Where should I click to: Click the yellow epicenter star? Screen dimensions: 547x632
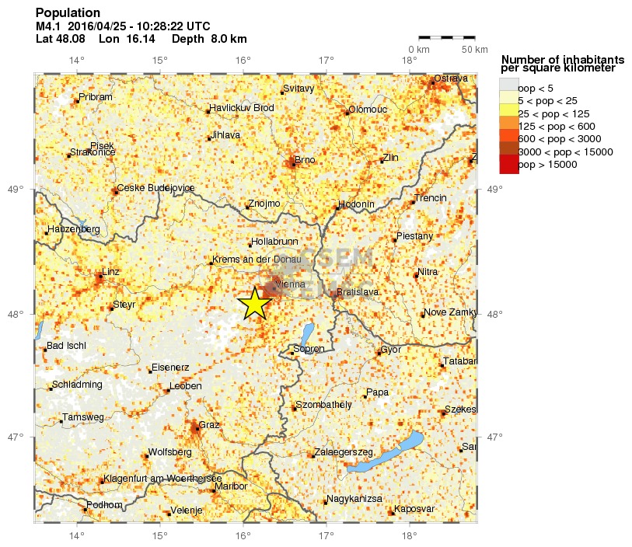pyautogui.click(x=254, y=304)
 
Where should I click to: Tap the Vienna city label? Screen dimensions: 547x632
pyautogui.click(x=290, y=284)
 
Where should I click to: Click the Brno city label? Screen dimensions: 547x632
pyautogui.click(x=305, y=159)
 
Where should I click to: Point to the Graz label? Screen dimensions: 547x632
pyautogui.click(x=210, y=425)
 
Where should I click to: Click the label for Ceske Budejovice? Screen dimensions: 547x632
pyautogui.click(x=156, y=188)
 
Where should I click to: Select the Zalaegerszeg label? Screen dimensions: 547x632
pyautogui.click(x=345, y=452)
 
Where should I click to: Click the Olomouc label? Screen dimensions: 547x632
pyautogui.click(x=368, y=110)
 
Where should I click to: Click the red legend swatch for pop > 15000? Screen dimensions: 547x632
pyautogui.click(x=508, y=164)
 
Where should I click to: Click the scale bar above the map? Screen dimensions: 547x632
pyautogui.click(x=446, y=37)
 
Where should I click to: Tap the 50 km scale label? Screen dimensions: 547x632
pyautogui.click(x=475, y=50)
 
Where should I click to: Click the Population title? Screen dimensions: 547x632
pyautogui.click(x=68, y=13)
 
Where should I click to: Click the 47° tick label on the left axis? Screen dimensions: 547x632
pyautogui.click(x=16, y=437)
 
